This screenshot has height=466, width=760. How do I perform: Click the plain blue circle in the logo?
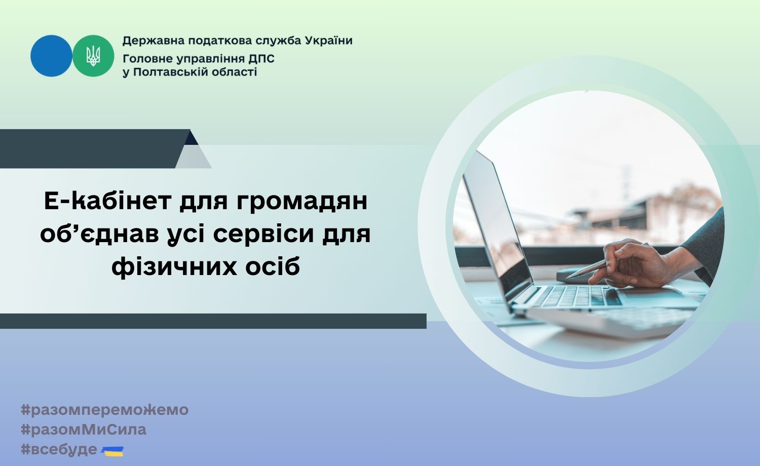click(51, 56)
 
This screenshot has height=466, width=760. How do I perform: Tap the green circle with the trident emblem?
click(93, 56)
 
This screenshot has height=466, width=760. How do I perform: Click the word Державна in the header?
click(154, 41)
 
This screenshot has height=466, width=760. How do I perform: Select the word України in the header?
click(329, 41)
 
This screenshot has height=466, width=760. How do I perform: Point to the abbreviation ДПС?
click(261, 59)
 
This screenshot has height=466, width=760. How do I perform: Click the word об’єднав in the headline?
click(99, 234)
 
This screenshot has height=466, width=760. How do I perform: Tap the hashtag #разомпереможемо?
click(104, 410)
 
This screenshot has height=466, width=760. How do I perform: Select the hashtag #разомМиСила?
click(84, 430)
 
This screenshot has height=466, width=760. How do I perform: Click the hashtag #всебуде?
click(59, 450)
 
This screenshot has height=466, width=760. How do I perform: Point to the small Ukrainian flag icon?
click(113, 451)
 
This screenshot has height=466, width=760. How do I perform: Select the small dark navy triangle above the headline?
click(191, 138)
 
